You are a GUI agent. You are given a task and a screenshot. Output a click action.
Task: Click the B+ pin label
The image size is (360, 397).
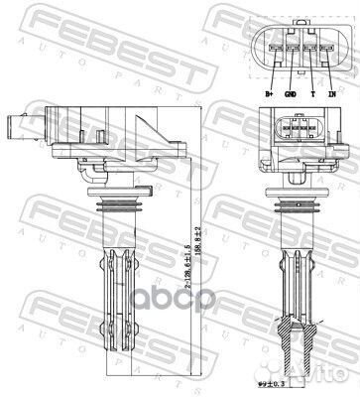pos(269,94)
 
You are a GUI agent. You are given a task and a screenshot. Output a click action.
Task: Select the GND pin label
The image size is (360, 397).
pos(291,94)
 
